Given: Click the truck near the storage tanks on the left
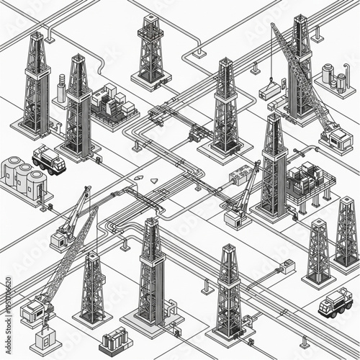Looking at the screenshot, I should pos(49,159).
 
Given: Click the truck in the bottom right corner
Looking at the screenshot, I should pos(336,302).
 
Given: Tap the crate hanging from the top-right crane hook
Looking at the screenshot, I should pos(270,90).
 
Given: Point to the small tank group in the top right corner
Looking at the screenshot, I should pos(334,78).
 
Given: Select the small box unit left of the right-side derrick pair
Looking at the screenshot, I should pos(288,267).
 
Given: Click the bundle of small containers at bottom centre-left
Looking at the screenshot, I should pos(114,339).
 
